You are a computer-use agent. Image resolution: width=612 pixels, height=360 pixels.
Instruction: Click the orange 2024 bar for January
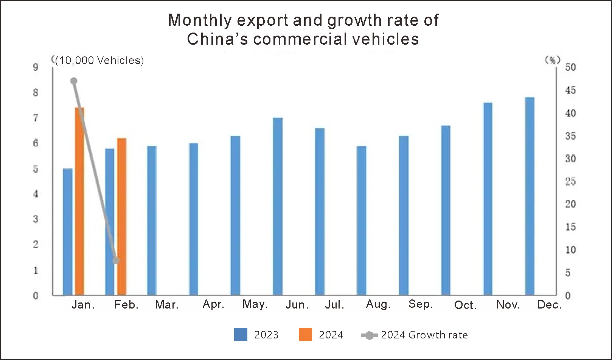pos(79,201)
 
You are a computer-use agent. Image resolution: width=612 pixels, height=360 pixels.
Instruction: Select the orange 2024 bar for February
pos(121,216)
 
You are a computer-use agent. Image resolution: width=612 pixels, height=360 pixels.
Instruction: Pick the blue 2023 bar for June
pos(277,206)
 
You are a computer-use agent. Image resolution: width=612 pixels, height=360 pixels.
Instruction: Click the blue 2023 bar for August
pos(362,220)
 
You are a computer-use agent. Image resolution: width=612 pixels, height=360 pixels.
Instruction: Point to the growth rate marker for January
pos(74,81)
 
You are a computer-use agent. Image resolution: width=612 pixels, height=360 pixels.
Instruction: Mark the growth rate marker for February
pos(116,260)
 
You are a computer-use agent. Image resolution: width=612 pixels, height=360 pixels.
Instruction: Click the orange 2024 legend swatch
pos(305,335)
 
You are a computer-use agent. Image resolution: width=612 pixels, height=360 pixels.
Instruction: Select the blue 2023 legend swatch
pos(241,335)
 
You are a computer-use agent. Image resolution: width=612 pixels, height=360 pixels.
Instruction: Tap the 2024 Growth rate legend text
pos(424,335)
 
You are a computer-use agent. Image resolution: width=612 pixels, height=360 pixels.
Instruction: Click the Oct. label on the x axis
pos(465,305)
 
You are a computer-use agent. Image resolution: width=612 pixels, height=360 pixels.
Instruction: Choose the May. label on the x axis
pos(255,304)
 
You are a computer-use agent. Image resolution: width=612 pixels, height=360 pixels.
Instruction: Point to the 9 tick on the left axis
pos(36,67)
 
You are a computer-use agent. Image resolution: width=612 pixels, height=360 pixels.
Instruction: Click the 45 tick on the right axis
pos(570,90)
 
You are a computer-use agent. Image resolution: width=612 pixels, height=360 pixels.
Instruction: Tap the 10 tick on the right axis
pos(570,250)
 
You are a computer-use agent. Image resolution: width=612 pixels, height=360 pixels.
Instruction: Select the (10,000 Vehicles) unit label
pos(99,61)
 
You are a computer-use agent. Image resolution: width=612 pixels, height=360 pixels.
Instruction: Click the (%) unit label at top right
pos(553,60)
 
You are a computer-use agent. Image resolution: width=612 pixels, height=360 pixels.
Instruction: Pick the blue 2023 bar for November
pos(488,198)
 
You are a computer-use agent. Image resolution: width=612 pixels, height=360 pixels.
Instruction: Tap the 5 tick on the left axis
pos(36,169)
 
